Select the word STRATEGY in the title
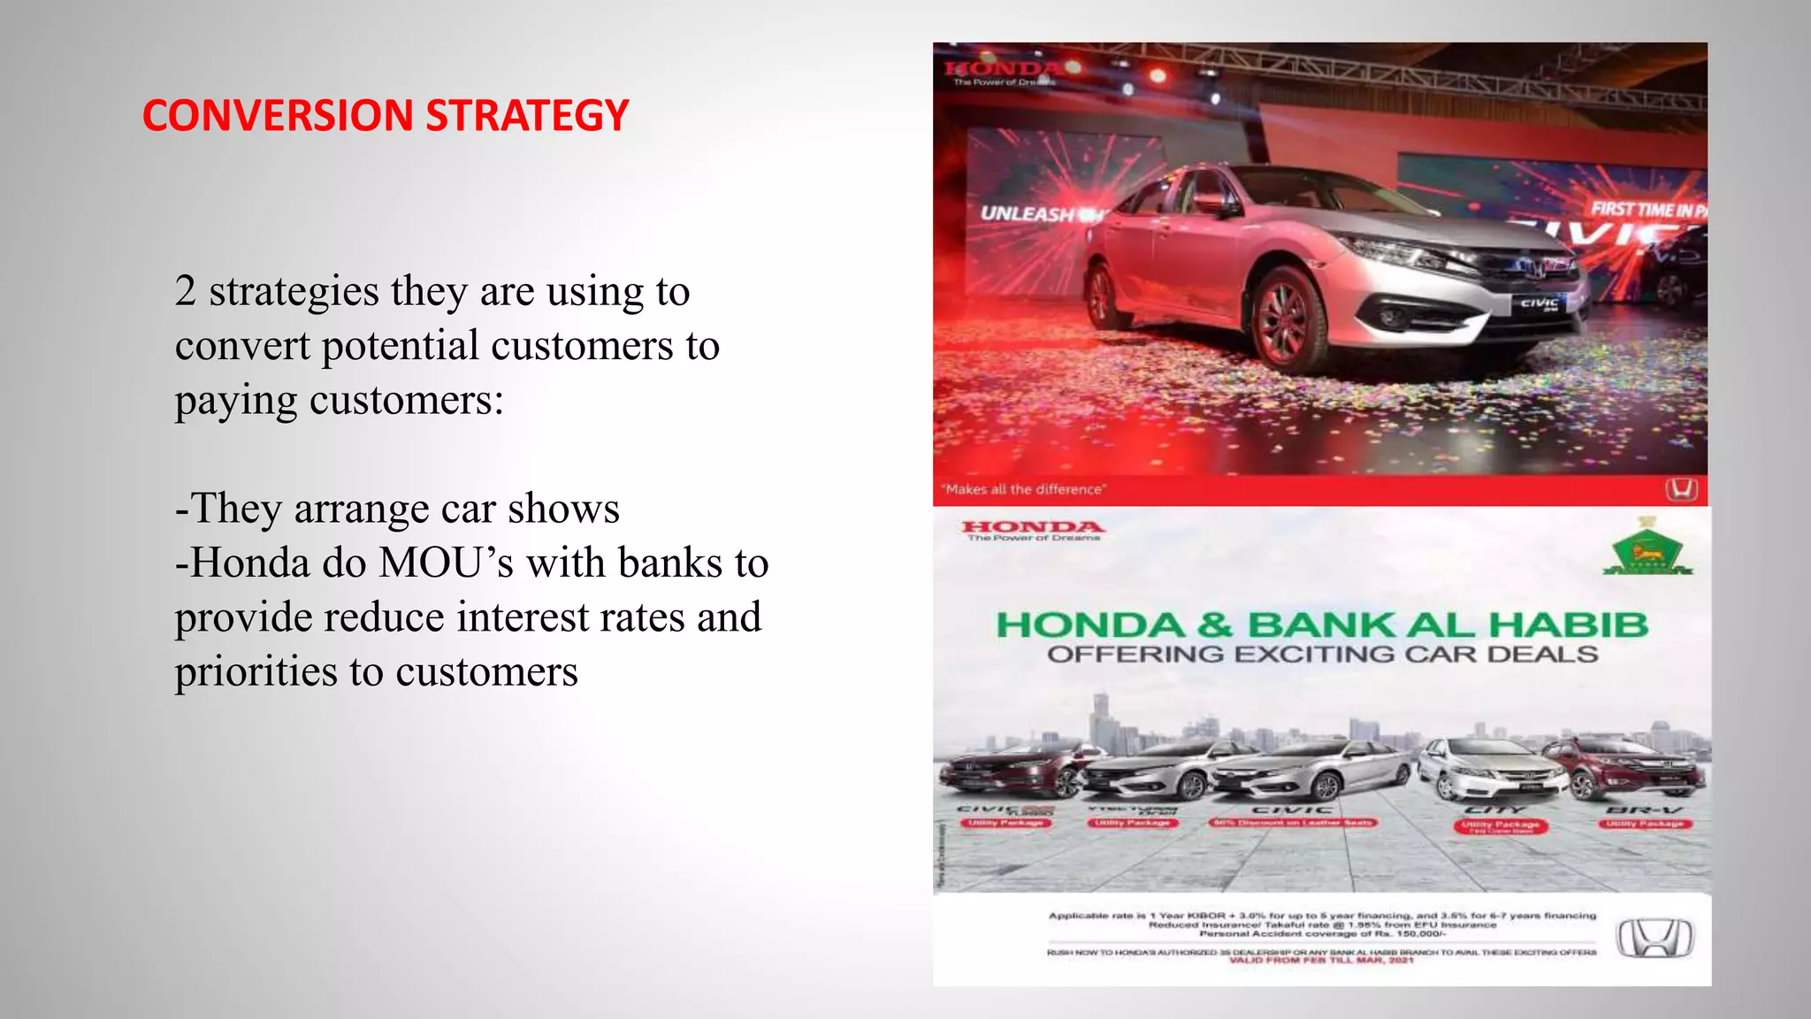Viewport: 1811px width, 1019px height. coord(527,116)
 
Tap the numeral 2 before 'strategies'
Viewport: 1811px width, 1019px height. coord(185,291)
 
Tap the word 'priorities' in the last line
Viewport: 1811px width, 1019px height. coord(256,672)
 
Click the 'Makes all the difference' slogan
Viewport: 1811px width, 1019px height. coord(1023,489)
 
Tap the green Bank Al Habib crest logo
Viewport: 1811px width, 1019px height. coord(1647,550)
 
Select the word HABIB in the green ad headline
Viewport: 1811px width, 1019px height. coord(1568,625)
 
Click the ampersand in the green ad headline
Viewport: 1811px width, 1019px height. coord(1215,625)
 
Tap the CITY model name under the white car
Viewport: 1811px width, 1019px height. coord(1495,809)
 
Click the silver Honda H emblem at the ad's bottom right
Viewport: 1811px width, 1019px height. coord(1654,939)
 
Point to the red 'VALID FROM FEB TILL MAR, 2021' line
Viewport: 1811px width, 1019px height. coord(1321,961)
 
